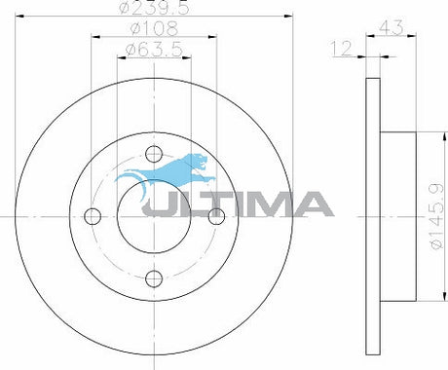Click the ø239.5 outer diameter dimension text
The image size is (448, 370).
click(154, 8)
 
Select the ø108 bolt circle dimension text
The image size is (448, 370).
click(154, 28)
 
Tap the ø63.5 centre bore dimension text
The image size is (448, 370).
click(154, 50)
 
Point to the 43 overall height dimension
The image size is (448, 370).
click(392, 27)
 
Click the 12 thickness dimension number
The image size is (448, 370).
click(341, 48)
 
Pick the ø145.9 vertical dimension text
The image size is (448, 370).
click(436, 216)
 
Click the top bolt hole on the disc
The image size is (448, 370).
click(154, 154)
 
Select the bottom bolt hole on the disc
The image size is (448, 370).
click(154, 278)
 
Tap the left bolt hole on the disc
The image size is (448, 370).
click(93, 216)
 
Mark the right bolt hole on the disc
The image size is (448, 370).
click(216, 216)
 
